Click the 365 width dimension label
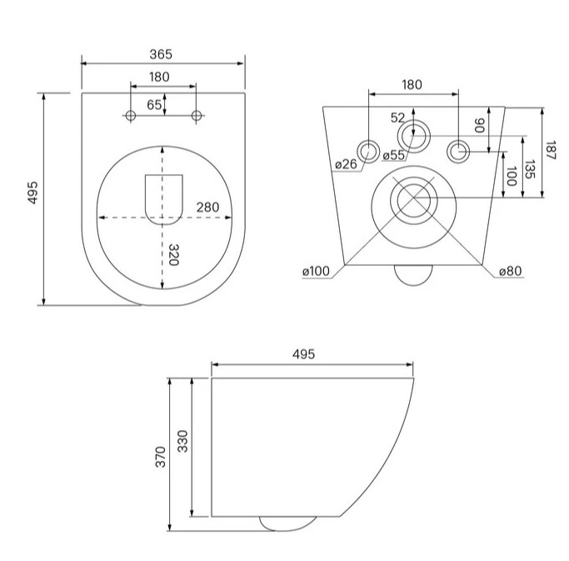161,54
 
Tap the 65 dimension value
154,105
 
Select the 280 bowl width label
207,208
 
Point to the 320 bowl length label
175,254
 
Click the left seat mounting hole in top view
130,116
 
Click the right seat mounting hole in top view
197,116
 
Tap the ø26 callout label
346,164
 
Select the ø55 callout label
394,155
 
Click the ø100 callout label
316,271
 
